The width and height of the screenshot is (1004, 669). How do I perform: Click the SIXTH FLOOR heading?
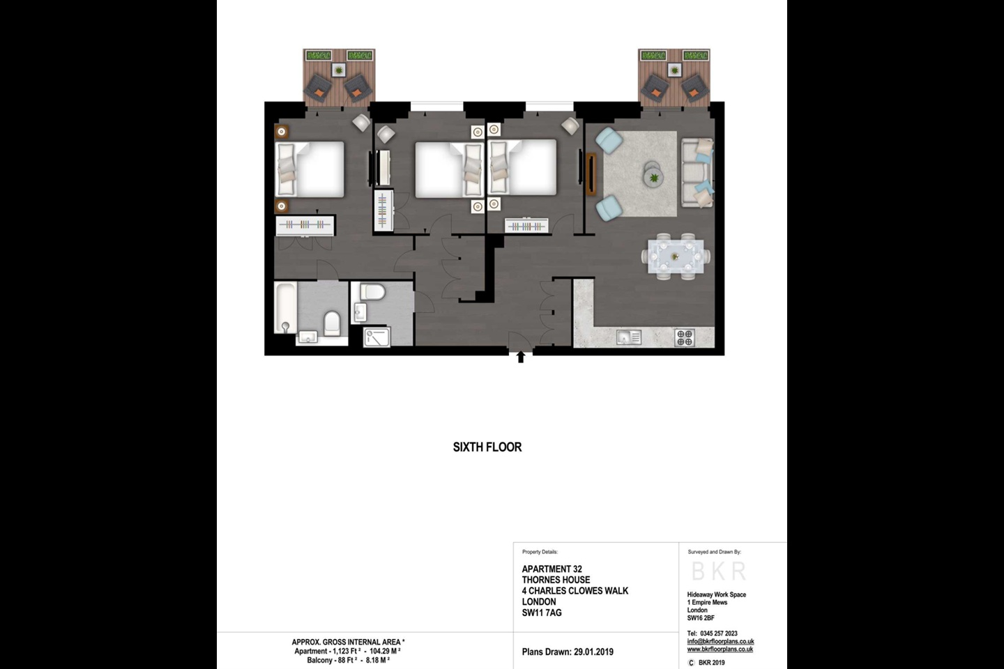(487, 447)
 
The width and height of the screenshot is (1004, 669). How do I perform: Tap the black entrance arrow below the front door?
(520, 357)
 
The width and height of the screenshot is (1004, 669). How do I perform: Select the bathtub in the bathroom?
(285, 307)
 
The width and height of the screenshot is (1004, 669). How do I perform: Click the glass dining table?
(675, 256)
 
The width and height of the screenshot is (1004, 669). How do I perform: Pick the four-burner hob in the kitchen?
(685, 338)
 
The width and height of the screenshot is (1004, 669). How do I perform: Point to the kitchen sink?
(629, 338)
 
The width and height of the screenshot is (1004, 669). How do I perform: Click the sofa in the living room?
(697, 173)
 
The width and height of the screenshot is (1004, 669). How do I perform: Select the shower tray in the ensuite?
(377, 337)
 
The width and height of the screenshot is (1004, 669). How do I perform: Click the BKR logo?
(719, 571)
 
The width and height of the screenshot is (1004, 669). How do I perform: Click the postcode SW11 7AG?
(542, 613)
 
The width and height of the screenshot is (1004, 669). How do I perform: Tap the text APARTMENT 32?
(552, 569)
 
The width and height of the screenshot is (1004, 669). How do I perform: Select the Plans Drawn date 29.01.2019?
(593, 652)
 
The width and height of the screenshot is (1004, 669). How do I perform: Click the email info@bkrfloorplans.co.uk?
(720, 642)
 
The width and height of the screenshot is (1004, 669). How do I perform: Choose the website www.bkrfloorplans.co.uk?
(720, 649)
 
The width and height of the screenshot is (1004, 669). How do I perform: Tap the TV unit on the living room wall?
(591, 174)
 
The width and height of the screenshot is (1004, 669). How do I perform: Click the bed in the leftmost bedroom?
(311, 169)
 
